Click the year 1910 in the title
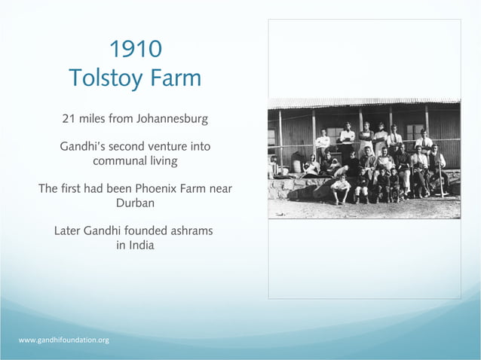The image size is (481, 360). [136, 50]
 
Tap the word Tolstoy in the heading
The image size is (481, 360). [108, 78]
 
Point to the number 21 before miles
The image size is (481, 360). [69, 119]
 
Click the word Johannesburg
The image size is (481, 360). [170, 119]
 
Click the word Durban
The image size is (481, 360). [136, 203]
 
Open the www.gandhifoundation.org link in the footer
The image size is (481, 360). [63, 340]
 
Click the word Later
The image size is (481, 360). [69, 230]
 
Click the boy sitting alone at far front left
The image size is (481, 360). [341, 188]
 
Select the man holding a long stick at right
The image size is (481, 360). [438, 169]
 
